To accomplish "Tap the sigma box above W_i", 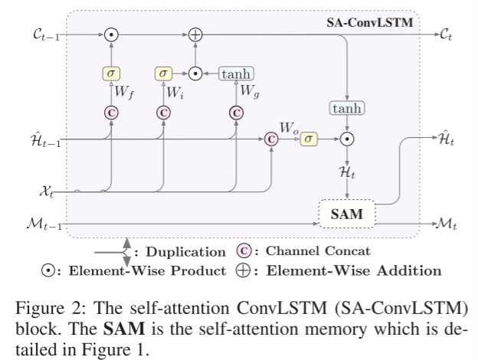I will [163, 74].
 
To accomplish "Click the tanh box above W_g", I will [236, 74].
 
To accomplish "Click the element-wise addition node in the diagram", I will [195, 35].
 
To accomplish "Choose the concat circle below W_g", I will [236, 112].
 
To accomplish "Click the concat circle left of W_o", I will [270, 139].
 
